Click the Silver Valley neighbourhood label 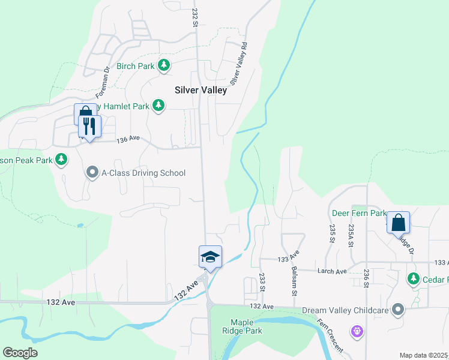(200, 90)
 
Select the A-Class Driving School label (143, 173)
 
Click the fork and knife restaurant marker (90, 126)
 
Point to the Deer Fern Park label (358, 213)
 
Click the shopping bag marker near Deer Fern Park (398, 223)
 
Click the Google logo (20, 353)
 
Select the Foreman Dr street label (101, 83)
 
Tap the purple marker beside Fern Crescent (357, 331)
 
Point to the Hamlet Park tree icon (158, 106)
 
